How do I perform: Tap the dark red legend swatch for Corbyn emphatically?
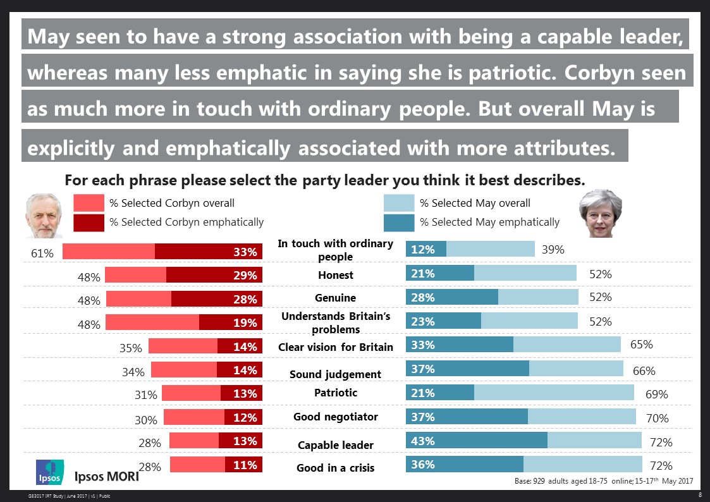[89, 222]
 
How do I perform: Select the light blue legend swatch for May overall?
[399, 203]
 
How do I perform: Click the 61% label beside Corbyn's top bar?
[42, 253]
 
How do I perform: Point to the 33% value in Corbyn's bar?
[245, 252]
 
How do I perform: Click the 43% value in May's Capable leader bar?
[422, 441]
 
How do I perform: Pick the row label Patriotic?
[336, 393]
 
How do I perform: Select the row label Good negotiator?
[336, 417]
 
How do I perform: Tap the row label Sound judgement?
[335, 374]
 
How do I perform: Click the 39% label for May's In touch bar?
[553, 250]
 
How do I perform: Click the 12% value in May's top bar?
[422, 250]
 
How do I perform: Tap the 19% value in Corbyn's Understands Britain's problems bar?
[245, 322]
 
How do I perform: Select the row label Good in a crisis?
[335, 468]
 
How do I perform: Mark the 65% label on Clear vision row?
[641, 345]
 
